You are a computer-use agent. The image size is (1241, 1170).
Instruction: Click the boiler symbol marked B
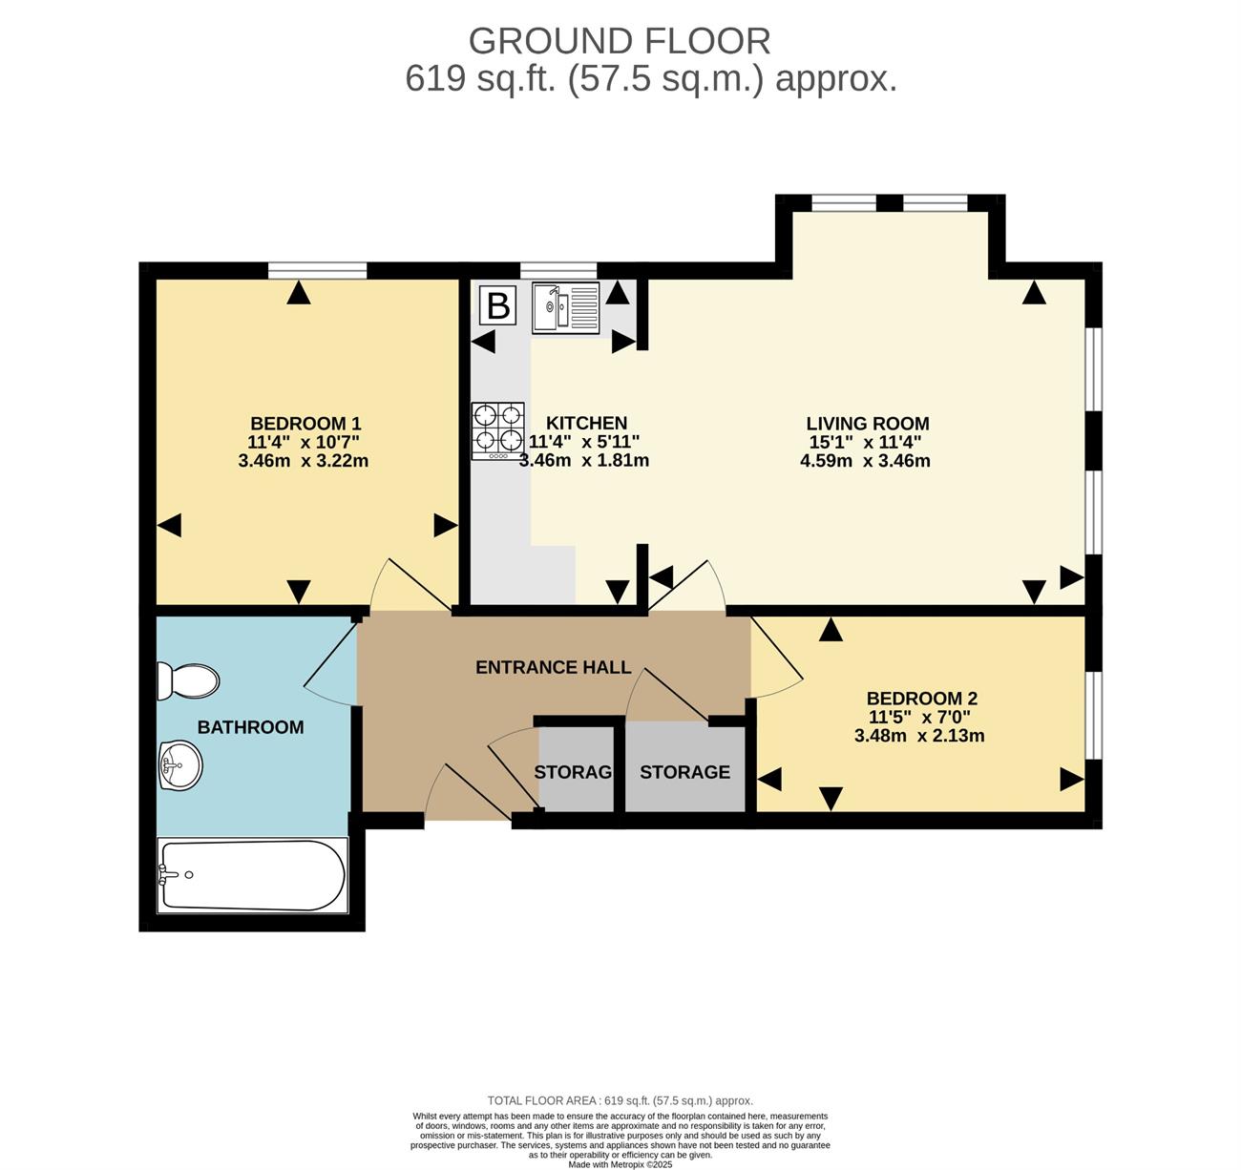coord(497,305)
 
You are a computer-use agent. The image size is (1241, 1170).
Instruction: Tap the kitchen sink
coord(565,307)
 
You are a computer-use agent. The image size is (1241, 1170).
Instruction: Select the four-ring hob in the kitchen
coord(497,430)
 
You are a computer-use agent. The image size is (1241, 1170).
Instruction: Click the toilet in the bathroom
coord(187,680)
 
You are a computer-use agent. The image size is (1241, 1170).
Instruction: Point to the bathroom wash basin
coord(180,765)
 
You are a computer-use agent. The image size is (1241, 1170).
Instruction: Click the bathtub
coord(252,875)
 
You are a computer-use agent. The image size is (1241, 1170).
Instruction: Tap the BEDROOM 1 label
coord(305,423)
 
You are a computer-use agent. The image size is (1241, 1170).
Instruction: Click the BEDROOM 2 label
coord(922,699)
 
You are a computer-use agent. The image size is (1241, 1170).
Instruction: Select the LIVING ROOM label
coord(868,423)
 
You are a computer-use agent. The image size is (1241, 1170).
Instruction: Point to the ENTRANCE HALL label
coord(553,667)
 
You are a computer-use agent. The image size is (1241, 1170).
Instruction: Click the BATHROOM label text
coord(250,727)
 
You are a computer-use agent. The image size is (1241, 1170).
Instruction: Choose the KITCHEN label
coord(586,423)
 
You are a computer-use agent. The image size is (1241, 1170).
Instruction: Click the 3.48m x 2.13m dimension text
coord(919,736)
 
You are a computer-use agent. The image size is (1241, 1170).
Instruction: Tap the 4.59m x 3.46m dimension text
coord(865,461)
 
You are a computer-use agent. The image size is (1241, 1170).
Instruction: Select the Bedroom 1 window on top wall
coord(318,271)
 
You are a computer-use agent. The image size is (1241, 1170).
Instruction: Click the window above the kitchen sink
coord(558,271)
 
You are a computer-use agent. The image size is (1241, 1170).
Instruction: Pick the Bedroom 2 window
coord(1093,716)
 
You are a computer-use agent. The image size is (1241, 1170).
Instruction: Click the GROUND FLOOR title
coord(620,42)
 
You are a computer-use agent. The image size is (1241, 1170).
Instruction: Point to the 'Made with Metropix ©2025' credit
coord(620,1165)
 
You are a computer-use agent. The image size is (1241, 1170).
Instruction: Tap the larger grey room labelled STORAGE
coord(685,767)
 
